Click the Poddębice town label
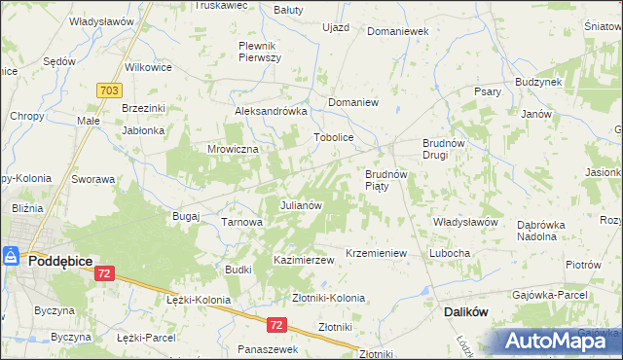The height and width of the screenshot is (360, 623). (x=60, y=261)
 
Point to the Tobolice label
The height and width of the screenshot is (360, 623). (x=332, y=138)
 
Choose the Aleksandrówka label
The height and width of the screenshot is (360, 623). (x=271, y=112)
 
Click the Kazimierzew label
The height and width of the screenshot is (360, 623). (x=304, y=261)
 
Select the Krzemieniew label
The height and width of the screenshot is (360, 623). (x=375, y=253)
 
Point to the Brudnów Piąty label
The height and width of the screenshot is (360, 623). (x=385, y=180)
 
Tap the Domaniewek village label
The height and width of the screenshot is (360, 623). (x=397, y=31)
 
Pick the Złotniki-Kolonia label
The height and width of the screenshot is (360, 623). (x=328, y=298)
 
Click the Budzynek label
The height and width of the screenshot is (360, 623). (x=537, y=83)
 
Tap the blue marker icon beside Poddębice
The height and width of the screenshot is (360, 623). (x=12, y=257)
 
